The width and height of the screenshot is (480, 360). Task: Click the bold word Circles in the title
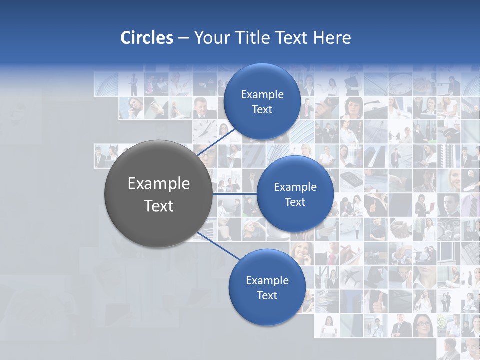147,38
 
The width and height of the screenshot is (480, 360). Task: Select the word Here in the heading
332,38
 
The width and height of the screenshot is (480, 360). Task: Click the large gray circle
158,194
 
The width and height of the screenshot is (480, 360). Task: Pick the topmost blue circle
262,101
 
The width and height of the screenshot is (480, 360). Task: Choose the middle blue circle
295,194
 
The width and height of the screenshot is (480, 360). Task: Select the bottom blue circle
267,287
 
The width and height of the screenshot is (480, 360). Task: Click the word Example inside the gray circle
158,184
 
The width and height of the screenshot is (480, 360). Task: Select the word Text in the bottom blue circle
267,295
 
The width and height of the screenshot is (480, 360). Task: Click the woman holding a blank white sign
327,326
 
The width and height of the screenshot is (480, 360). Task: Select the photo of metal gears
448,228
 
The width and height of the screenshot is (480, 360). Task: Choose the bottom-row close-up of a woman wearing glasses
423,326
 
